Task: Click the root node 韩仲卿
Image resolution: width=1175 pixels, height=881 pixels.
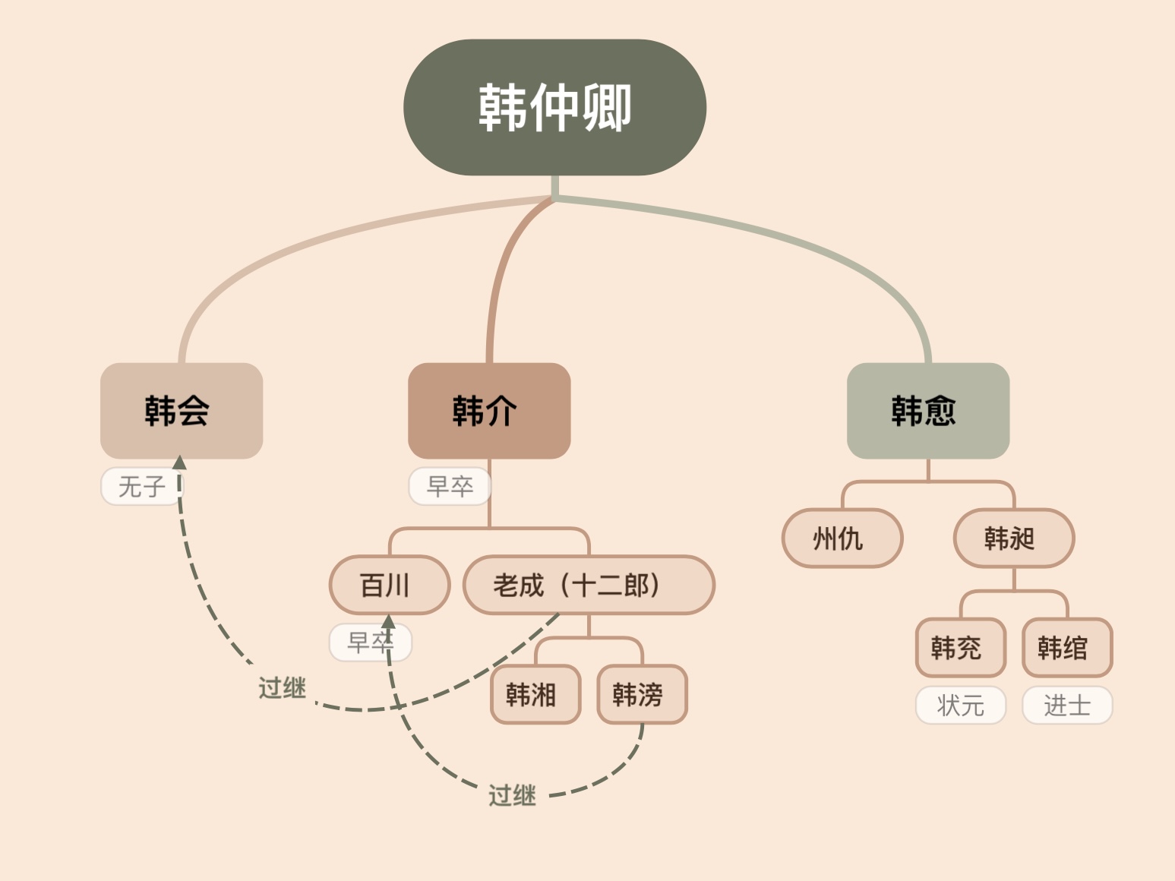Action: [554, 107]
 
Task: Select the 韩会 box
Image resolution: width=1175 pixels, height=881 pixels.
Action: [182, 411]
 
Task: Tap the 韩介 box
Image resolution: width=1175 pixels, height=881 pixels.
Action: [489, 411]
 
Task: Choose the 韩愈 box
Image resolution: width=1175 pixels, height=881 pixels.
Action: [927, 411]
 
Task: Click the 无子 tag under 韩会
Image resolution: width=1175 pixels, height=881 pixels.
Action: [141, 486]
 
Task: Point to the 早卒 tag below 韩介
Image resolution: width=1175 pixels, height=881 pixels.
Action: [450, 486]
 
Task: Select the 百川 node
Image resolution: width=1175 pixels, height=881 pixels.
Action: [389, 585]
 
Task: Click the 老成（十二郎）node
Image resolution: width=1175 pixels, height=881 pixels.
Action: [589, 585]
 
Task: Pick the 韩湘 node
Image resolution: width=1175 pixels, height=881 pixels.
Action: [535, 694]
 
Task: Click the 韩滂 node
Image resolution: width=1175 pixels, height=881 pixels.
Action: [642, 694]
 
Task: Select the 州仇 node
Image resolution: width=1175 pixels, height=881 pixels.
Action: [842, 538]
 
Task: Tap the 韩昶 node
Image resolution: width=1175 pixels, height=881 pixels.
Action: [1013, 538]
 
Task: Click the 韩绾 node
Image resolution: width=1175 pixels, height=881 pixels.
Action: [1066, 648]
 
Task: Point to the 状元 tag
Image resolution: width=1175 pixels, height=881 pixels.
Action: [960, 706]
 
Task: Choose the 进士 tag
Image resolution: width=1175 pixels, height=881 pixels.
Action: [1066, 706]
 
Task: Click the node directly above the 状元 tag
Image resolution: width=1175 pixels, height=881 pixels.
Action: [960, 648]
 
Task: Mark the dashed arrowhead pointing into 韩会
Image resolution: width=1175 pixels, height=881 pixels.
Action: [179, 463]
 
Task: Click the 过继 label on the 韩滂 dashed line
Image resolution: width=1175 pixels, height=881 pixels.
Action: [512, 795]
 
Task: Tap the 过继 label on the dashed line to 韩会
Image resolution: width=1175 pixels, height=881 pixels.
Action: [282, 688]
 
